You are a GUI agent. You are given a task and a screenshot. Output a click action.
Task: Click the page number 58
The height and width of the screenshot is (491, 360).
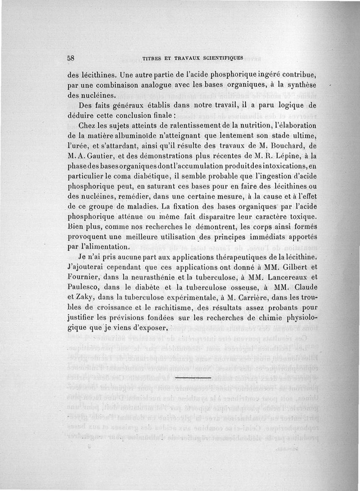[71, 58]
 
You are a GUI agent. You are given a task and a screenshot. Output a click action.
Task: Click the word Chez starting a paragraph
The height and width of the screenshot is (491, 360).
[87, 125]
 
